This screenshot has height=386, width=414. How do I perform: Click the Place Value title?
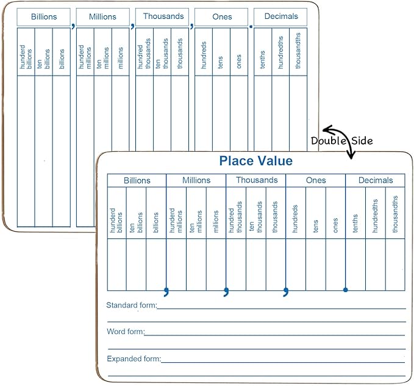(256, 160)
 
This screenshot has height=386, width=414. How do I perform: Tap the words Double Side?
(342, 140)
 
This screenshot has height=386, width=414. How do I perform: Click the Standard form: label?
(132, 306)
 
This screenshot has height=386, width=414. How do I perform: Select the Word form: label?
(126, 332)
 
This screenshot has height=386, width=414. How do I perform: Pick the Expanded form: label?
(134, 359)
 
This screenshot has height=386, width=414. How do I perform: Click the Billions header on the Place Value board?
(137, 180)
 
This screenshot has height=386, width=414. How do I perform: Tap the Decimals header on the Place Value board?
(376, 180)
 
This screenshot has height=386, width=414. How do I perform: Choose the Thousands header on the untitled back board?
(163, 16)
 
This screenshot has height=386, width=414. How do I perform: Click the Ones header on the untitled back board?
(222, 16)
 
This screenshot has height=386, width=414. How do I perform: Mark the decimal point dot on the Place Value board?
(345, 290)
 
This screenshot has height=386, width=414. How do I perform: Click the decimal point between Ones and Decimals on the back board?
(251, 26)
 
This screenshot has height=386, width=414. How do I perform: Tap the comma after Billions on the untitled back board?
(73, 26)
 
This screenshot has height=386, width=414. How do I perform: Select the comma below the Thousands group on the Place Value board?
(286, 291)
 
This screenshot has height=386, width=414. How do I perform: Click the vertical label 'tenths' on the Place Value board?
(355, 223)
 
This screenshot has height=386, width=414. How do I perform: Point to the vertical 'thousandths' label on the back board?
(298, 51)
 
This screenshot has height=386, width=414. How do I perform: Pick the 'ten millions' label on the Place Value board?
(196, 221)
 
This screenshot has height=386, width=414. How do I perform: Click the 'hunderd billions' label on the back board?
(26, 57)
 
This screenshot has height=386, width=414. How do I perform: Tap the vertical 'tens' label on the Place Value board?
(315, 226)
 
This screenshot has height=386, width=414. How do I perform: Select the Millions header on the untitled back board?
(102, 16)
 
